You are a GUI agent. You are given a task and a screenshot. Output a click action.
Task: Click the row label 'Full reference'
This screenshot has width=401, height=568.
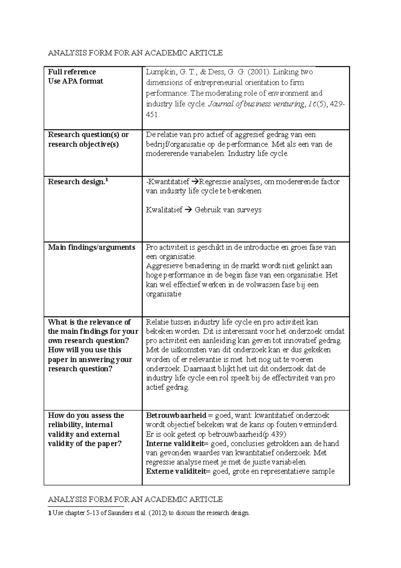click(x=72, y=72)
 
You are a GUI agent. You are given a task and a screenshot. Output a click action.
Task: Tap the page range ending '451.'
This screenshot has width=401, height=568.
click(x=153, y=115)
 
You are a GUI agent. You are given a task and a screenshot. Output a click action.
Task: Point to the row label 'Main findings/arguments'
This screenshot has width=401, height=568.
click(x=92, y=247)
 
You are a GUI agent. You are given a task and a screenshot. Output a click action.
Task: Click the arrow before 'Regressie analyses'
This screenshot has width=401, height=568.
click(x=195, y=182)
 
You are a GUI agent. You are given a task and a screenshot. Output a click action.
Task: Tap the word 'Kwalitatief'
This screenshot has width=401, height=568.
click(x=164, y=210)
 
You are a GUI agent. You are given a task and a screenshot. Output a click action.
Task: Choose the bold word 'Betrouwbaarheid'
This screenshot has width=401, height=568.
click(x=176, y=415)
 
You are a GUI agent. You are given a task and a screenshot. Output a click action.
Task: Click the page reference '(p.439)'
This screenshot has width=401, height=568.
click(x=275, y=434)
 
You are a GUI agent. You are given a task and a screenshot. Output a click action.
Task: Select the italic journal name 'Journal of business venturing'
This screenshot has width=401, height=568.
click(x=256, y=104)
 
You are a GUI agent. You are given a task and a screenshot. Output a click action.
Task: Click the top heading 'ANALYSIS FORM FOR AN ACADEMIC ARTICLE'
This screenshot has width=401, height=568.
click(x=135, y=53)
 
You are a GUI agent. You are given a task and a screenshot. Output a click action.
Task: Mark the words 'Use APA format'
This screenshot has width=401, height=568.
click(x=76, y=81)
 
